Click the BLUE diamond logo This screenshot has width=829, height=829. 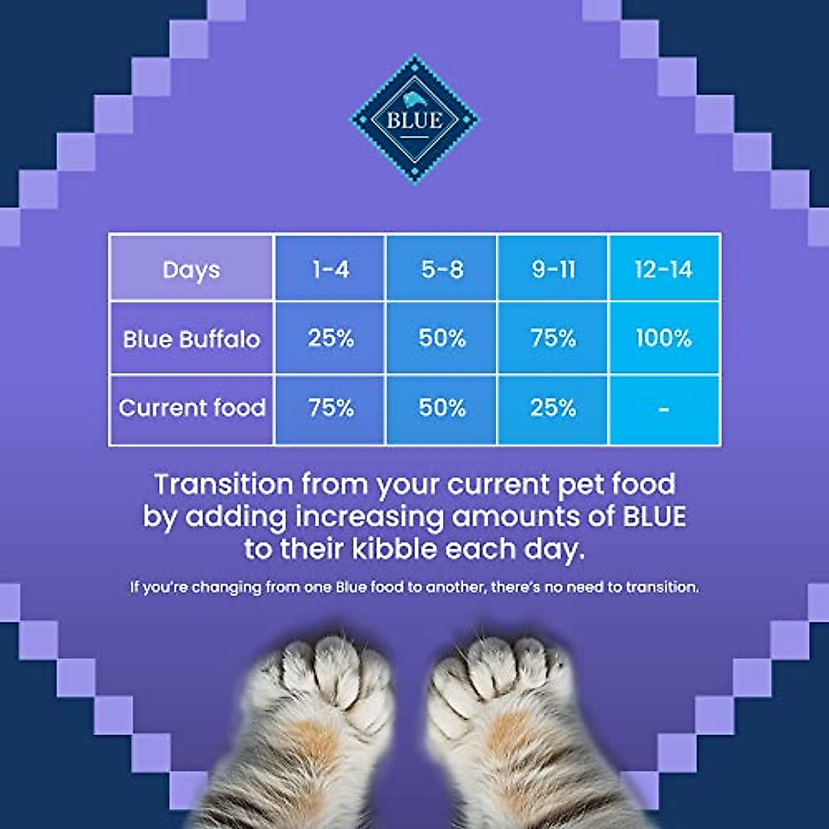coord(414,120)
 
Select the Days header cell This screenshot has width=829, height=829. coord(191,269)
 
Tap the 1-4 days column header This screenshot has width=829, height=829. coord(330,269)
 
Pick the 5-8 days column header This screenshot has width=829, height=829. coord(442,269)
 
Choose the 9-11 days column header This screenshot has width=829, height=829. coord(553,269)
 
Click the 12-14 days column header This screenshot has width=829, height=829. coord(664,269)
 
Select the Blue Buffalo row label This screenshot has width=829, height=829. coord(191,339)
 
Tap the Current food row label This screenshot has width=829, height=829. coord(191,408)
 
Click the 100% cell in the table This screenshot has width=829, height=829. coord(664,338)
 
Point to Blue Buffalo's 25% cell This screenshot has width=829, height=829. coord(330,338)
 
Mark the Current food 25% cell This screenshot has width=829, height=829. coord(553,408)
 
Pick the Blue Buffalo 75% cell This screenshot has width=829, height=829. coord(553,338)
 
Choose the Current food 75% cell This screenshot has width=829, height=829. coord(330,408)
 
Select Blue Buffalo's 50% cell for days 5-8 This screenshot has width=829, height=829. coord(442,338)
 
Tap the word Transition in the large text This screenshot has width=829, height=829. coord(223,484)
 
